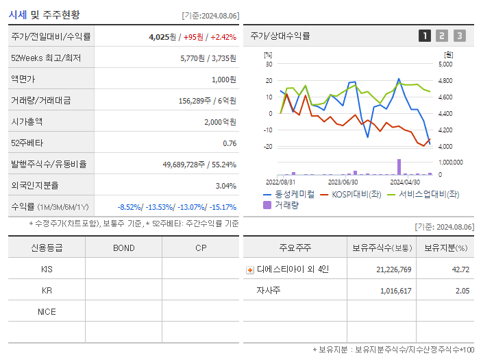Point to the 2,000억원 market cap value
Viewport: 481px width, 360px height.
[220, 121]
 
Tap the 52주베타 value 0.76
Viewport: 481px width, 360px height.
[230, 143]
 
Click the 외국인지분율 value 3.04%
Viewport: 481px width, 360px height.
[225, 185]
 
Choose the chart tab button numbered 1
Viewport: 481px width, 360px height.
[425, 36]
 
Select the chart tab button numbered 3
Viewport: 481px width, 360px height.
[459, 36]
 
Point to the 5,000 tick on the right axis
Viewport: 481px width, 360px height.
[445, 64]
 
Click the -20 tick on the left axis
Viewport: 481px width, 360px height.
[268, 147]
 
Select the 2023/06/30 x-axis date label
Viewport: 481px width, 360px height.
[343, 182]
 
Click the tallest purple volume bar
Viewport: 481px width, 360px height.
[399, 167]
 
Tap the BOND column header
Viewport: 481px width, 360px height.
[123, 248]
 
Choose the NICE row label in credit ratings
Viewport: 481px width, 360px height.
[47, 311]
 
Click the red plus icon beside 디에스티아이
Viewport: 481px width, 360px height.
[250, 269]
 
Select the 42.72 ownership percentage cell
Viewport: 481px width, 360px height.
[461, 269]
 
